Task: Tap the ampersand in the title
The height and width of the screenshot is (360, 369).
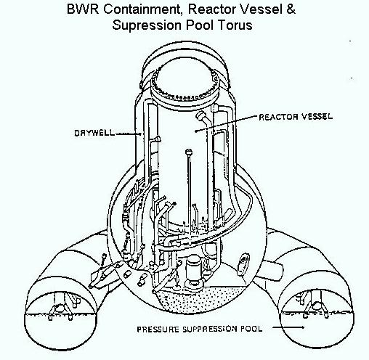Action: pos(291,9)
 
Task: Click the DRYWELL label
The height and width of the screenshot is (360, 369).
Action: pos(94,133)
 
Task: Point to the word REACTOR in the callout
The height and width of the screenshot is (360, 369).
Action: pos(278,117)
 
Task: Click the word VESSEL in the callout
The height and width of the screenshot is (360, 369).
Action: pos(317,117)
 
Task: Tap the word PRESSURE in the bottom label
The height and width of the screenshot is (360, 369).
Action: pos(158,330)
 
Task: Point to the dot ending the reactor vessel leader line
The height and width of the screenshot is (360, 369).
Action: pos(195,131)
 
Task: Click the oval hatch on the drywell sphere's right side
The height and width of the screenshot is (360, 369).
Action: pos(243,264)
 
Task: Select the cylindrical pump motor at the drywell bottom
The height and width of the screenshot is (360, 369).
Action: pos(192,269)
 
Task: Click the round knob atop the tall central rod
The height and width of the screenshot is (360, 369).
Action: pos(189,152)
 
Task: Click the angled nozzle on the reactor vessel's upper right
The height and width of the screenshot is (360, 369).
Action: pos(203,118)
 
